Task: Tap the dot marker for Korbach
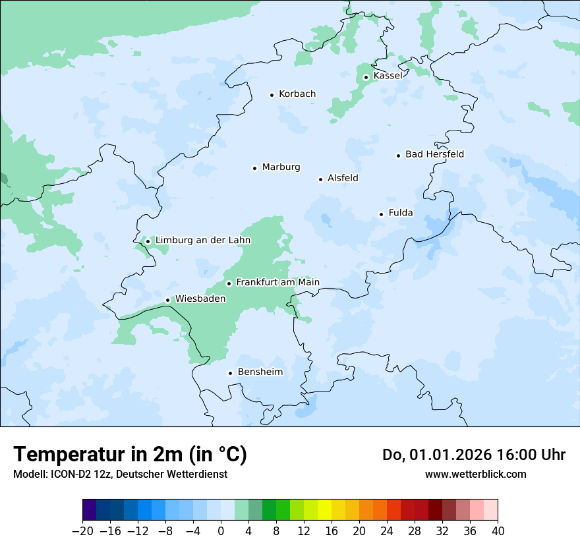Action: point(272,95)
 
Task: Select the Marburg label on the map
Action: point(281,167)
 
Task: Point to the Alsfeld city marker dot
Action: point(320,179)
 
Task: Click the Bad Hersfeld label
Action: point(434,154)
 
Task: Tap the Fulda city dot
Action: point(381,214)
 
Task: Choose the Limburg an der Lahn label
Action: point(202,241)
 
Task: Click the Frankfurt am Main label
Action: point(277,283)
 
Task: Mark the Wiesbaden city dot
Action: point(168,301)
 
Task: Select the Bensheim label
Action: point(260,372)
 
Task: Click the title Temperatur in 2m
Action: point(130,455)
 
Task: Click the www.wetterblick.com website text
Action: point(475,474)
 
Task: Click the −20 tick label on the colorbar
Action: point(82,531)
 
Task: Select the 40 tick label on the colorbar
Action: point(498,531)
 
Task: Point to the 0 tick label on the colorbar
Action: point(221,531)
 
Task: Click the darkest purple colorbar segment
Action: point(89,510)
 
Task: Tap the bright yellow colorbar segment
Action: point(324,510)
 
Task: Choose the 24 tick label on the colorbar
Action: point(387,531)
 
